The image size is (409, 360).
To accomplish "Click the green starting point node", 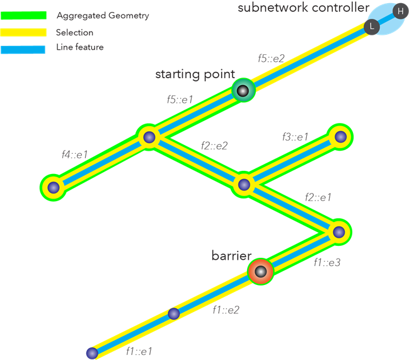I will (243, 90).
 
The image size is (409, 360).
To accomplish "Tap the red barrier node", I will (260, 272).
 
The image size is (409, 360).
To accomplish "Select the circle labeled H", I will (400, 11).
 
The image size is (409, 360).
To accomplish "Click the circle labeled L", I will (372, 27).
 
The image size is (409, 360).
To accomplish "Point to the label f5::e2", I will (271, 58).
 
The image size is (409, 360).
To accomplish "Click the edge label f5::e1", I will (180, 100).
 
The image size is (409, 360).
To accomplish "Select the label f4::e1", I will (74, 154).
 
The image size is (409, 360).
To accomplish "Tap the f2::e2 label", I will (214, 146).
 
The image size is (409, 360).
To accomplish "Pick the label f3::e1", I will (295, 137).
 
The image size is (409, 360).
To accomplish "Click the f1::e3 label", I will (327, 263).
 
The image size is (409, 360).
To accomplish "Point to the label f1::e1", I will (139, 351).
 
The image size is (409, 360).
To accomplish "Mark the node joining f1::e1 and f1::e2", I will (174, 313).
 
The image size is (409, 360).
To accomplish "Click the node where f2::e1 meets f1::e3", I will (339, 231).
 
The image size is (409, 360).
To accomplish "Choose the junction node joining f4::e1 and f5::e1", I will (149, 137).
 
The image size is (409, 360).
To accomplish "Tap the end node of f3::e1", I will (340, 136).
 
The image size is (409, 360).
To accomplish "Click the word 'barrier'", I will (231, 256).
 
